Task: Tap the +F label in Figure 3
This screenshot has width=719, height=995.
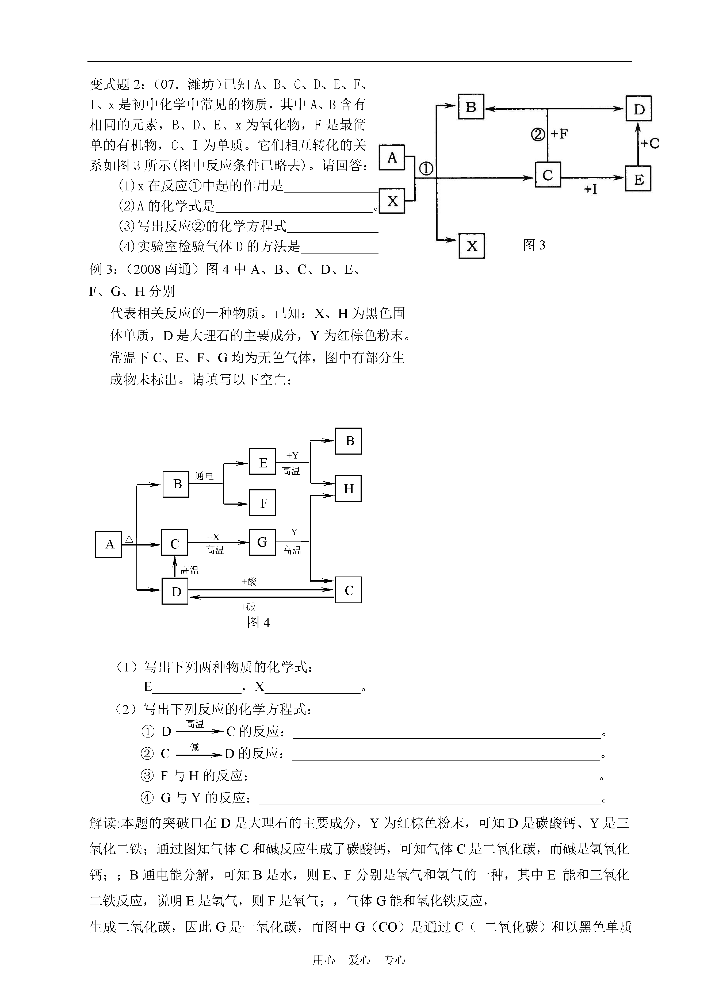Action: coord(559,134)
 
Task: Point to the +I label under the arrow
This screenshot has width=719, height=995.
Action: coord(590,189)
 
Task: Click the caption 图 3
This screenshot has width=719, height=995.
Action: coord(534,245)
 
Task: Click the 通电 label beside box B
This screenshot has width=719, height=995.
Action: coord(204,475)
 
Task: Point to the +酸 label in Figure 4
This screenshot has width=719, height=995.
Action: coord(249,582)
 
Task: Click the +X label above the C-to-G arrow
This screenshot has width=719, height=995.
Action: coord(213,537)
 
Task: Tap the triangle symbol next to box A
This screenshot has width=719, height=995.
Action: coord(129,539)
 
